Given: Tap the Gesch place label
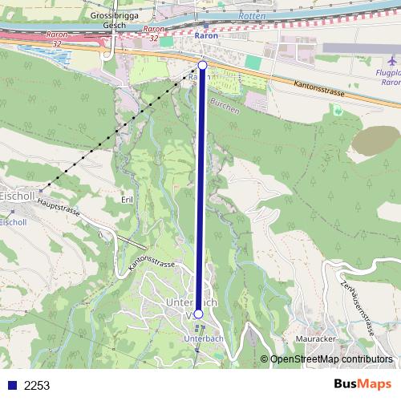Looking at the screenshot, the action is [115, 25].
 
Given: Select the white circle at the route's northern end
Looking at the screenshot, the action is [202, 64].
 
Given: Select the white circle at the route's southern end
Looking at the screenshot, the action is [198, 314].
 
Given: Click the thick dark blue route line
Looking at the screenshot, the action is [200, 192].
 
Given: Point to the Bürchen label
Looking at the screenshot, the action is [225, 107].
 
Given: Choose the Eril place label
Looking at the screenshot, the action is [126, 199].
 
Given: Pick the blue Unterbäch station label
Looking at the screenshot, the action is [202, 340].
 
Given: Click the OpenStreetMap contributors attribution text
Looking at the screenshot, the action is [332, 360].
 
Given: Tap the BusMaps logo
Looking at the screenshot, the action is [363, 385].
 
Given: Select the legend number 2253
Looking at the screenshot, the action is [37, 386].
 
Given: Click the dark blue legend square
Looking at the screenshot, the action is [11, 386].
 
